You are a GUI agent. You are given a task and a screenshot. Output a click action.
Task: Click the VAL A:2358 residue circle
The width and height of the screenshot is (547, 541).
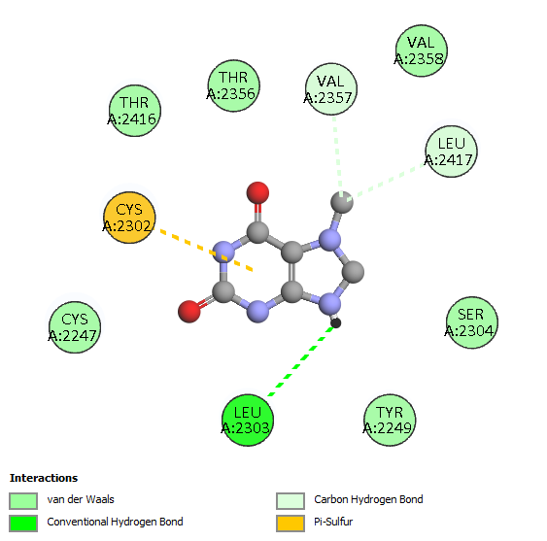click(422, 51)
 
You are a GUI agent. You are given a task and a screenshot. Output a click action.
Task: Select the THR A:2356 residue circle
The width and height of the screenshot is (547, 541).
click(234, 85)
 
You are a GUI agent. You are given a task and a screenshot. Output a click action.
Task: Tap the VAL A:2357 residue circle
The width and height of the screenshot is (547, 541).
click(331, 89)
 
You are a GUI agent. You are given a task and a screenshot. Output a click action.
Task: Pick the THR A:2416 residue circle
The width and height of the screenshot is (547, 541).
click(135, 111)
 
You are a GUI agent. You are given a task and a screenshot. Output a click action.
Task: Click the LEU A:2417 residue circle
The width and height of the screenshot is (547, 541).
click(452, 152)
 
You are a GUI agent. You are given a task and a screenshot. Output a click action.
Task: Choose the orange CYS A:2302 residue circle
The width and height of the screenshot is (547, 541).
click(129, 218)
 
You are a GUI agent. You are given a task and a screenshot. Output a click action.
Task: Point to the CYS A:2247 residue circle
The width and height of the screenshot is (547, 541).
click(75, 327)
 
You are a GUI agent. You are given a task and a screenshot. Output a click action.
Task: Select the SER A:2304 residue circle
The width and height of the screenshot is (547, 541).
click(472, 322)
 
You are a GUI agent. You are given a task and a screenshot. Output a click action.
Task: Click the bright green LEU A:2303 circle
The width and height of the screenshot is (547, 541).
click(248, 421)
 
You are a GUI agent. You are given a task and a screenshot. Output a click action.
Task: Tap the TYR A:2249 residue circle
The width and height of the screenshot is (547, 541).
click(390, 421)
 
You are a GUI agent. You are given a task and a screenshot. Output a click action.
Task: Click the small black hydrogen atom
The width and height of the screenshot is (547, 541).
click(335, 323)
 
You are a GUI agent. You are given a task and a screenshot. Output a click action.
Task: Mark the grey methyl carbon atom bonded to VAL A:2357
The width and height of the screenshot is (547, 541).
click(342, 202)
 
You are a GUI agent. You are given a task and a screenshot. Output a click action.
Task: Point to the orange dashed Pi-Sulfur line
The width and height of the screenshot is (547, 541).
click(206, 250)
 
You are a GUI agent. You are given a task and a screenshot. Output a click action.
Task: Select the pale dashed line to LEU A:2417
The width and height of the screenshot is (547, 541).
click(387, 182)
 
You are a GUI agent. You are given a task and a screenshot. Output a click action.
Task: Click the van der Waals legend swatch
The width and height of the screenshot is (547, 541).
click(23, 501)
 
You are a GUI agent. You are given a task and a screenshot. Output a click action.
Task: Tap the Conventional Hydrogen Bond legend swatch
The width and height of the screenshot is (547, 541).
click(23, 524)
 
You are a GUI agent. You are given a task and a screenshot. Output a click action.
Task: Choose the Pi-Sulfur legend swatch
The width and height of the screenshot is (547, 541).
click(291, 524)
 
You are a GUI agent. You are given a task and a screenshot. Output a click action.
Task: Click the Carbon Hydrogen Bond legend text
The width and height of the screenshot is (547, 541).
click(368, 499)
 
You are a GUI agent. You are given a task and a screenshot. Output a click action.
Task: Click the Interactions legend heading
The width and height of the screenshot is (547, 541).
click(44, 478)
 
